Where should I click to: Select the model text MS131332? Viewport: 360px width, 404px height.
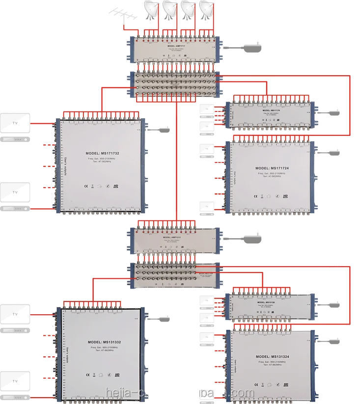(102, 342)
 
